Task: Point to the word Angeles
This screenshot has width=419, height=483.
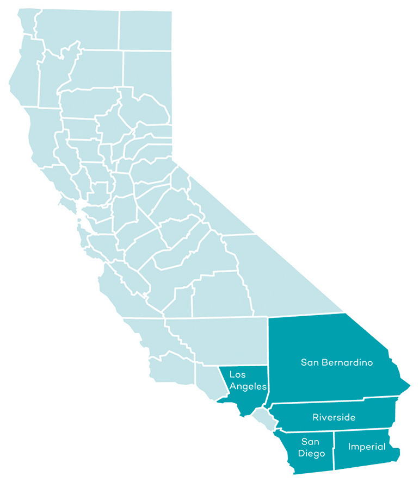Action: tap(248, 387)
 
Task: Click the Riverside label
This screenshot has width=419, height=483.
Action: tap(334, 417)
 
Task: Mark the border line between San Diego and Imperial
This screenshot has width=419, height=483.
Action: tap(334, 451)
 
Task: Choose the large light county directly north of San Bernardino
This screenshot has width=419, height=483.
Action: tap(283, 272)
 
